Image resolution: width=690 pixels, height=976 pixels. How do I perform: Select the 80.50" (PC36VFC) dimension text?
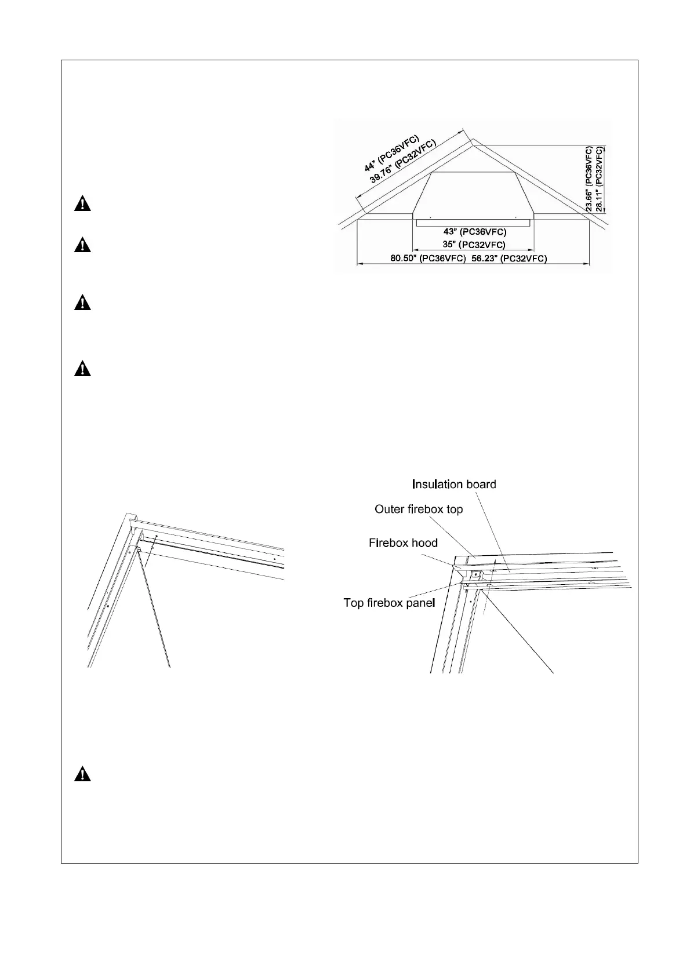coord(427,258)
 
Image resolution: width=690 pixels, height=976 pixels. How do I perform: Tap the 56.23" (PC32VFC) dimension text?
coord(509,258)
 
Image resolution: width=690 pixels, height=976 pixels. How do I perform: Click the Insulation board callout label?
coord(454,484)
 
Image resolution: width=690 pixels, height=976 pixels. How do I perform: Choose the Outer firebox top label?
coord(419,509)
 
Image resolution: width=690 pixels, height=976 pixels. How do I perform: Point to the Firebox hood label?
coord(403,543)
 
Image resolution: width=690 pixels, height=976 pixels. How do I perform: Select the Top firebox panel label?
coord(389,603)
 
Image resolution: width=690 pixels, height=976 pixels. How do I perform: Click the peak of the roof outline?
coord(473,139)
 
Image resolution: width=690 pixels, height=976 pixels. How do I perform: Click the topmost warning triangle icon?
coord(82,205)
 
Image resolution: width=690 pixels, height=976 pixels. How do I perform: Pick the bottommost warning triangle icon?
coord(82,774)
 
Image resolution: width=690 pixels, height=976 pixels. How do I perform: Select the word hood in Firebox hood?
coord(425,543)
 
